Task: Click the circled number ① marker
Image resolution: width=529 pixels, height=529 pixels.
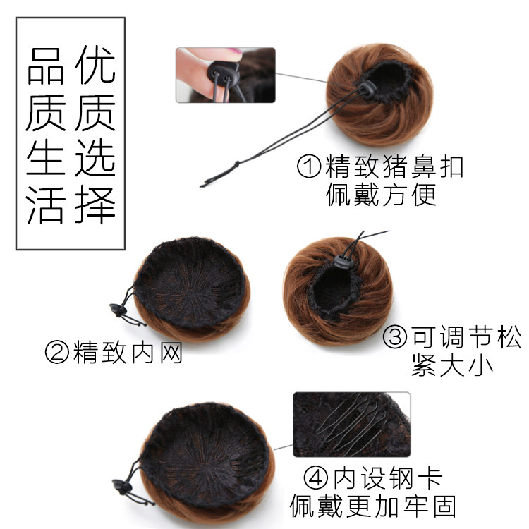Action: tap(310, 166)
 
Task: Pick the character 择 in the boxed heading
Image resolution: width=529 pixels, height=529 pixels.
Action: tap(95, 202)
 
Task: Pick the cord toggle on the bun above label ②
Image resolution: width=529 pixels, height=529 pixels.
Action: tap(116, 308)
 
